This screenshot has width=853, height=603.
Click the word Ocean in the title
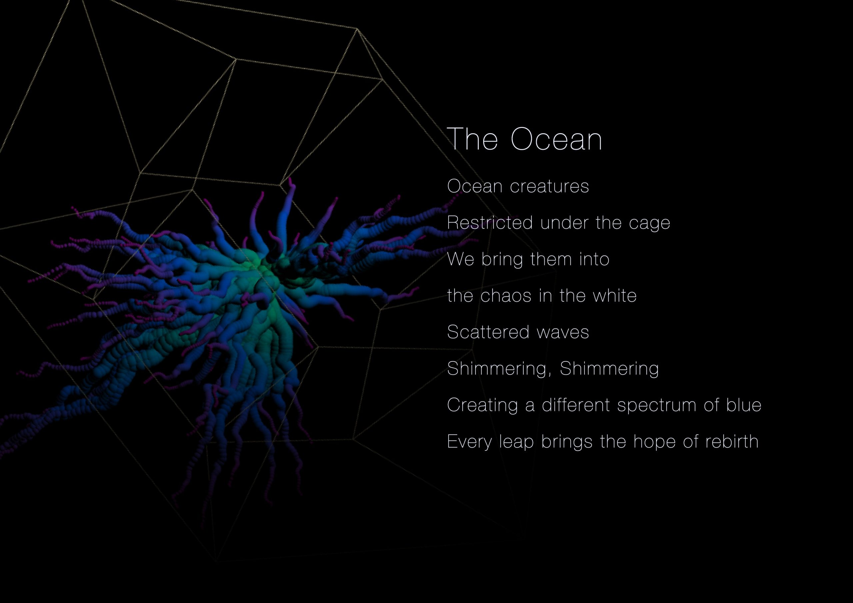556,139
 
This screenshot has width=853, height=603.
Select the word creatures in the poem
549,186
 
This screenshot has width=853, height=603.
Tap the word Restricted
490,223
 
